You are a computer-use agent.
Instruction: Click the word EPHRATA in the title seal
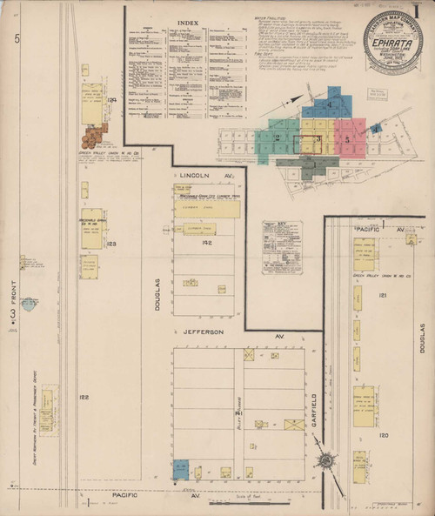point(392,40)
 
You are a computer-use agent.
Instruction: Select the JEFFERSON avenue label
point(203,332)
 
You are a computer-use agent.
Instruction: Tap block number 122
point(84,397)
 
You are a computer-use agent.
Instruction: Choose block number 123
point(111,245)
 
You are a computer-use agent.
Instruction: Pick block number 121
point(382,296)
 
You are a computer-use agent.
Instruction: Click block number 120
point(383,434)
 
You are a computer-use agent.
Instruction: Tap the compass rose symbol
point(326,460)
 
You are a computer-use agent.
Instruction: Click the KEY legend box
point(282,246)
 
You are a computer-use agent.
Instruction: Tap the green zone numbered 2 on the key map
point(277,137)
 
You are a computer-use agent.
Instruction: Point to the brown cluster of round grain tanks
point(93,136)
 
